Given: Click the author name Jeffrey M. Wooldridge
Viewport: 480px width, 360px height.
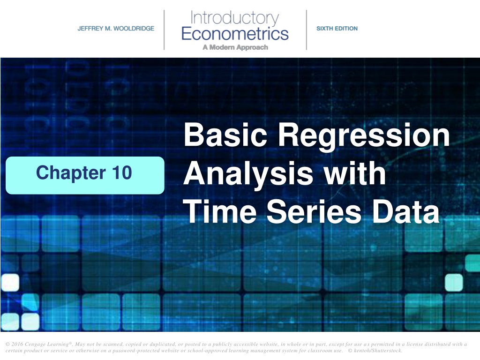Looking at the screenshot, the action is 116,29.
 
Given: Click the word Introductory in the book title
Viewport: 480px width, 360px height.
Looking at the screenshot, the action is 234,18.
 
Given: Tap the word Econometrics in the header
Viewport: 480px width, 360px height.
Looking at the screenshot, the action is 235,33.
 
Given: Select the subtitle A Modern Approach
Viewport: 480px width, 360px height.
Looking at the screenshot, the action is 235,47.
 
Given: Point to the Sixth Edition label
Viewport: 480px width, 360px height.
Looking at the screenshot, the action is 337,29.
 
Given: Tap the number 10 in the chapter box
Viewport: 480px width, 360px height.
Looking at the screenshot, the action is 122,172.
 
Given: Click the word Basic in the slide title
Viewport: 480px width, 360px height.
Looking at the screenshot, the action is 225,135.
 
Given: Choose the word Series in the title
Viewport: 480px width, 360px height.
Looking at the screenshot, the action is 314,211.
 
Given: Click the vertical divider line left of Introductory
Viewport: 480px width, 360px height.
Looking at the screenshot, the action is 164,30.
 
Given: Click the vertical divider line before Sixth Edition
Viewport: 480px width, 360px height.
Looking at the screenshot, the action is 307,30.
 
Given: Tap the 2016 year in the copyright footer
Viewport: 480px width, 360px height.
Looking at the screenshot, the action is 16,344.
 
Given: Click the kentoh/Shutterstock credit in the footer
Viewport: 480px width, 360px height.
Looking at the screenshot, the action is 378,351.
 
